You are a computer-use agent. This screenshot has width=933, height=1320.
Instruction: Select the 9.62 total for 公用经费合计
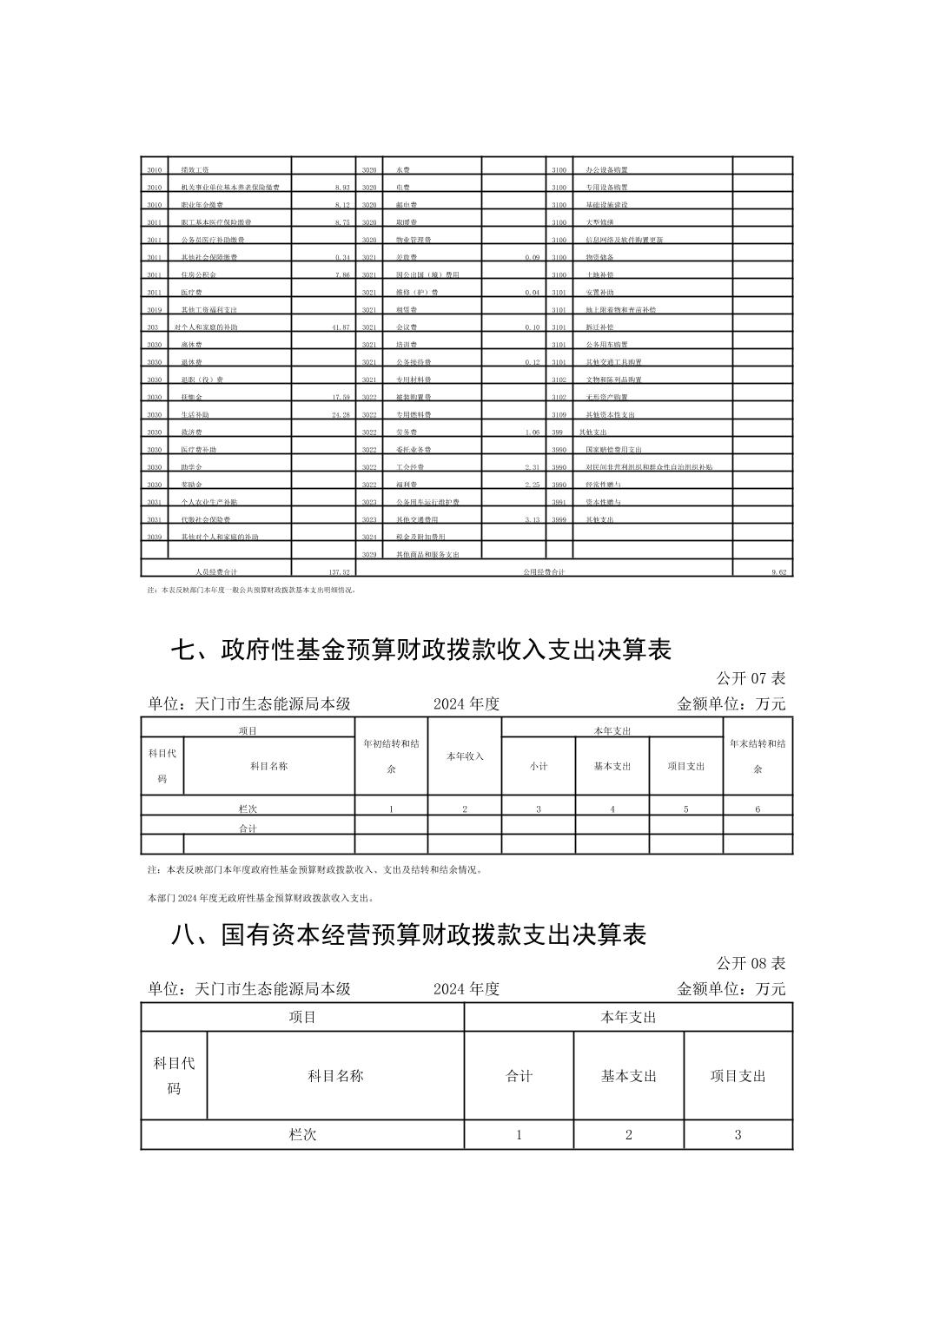pyautogui.click(x=778, y=572)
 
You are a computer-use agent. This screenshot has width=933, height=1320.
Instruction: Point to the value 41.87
pyautogui.click(x=340, y=327)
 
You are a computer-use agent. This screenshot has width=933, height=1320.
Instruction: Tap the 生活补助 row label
pyautogui.click(x=195, y=415)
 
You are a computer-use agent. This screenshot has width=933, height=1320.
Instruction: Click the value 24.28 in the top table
pyautogui.click(x=340, y=415)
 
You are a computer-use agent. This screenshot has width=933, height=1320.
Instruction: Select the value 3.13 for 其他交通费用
pyautogui.click(x=532, y=519)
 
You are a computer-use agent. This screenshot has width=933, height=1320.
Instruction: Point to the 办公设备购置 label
pyautogui.click(x=607, y=170)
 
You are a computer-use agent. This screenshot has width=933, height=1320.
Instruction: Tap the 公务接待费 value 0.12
pyautogui.click(x=532, y=362)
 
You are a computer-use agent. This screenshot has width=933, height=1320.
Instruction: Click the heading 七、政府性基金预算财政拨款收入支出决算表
pyautogui.click(x=420, y=649)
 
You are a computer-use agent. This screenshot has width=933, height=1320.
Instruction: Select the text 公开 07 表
pyautogui.click(x=751, y=677)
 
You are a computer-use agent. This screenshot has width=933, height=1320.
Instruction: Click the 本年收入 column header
pyautogui.click(x=465, y=756)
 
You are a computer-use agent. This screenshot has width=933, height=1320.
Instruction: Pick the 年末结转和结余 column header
pyautogui.click(x=758, y=756)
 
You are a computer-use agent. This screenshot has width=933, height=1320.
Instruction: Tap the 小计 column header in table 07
pyautogui.click(x=539, y=766)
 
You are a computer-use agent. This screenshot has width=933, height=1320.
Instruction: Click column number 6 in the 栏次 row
pyautogui.click(x=758, y=808)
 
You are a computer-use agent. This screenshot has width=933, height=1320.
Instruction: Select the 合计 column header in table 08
pyautogui.click(x=519, y=1076)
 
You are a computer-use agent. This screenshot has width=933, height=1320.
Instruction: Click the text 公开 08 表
pyautogui.click(x=751, y=963)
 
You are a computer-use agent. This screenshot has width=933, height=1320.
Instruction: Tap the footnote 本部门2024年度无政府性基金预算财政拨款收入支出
pyautogui.click(x=261, y=898)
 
